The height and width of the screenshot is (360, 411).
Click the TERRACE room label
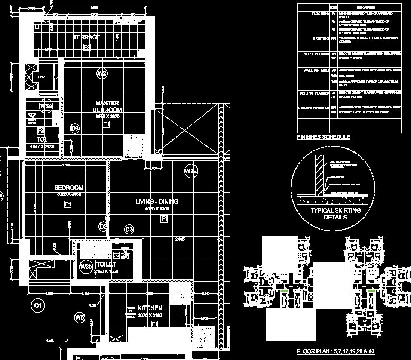tap(87, 37)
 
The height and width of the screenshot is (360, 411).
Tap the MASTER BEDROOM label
tap(107, 106)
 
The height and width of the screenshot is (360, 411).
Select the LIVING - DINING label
tap(157, 201)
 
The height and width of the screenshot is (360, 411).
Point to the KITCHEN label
tap(150, 308)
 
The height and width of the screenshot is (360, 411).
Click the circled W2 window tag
tap(102, 73)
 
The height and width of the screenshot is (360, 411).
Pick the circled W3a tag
tap(46, 106)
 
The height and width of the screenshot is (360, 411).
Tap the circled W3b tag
tap(86, 267)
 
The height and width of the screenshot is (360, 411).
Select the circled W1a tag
tap(191, 172)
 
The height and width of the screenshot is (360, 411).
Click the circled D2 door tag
tap(104, 226)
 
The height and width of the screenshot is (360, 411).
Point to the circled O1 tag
tap(37, 305)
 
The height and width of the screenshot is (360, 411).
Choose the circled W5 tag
tap(80, 318)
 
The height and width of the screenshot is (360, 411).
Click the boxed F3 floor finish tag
tap(116, 255)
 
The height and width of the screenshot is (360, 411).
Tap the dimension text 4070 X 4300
tap(157, 209)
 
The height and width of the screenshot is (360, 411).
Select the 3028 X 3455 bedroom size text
tap(69, 194)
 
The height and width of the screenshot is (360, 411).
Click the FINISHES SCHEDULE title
tap(323, 137)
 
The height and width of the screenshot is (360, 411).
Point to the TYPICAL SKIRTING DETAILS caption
tap(335, 214)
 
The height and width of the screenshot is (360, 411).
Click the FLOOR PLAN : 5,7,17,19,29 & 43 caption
tap(335, 351)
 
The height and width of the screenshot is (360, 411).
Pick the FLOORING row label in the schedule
tap(320, 14)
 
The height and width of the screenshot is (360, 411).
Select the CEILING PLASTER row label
tap(314, 93)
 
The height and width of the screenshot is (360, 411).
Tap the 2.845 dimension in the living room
tap(180, 239)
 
